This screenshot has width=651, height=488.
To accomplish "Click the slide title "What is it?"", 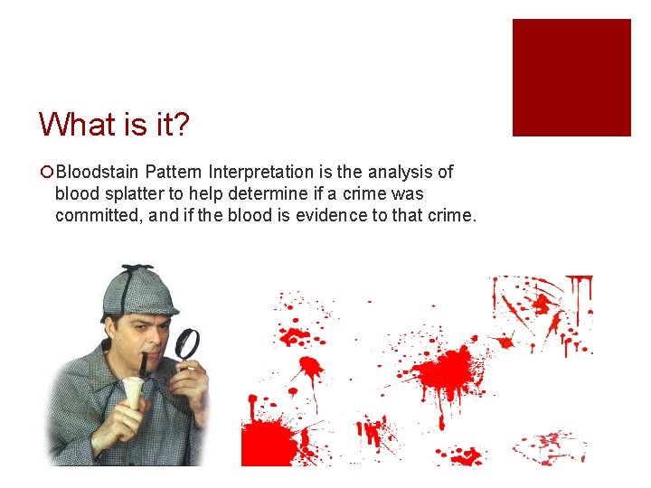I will (x=114, y=124).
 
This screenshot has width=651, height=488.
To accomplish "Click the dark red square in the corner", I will (x=571, y=78).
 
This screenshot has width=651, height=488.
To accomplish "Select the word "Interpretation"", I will (x=262, y=172).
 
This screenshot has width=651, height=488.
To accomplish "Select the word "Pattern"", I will (x=174, y=172).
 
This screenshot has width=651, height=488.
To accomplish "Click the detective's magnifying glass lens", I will (x=187, y=344).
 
